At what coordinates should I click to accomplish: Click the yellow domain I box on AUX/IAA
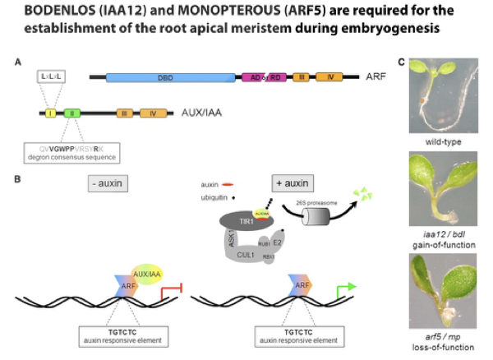coord(49,113)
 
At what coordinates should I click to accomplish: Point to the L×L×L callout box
coord(52,76)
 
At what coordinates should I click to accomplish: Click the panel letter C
coord(401,62)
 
